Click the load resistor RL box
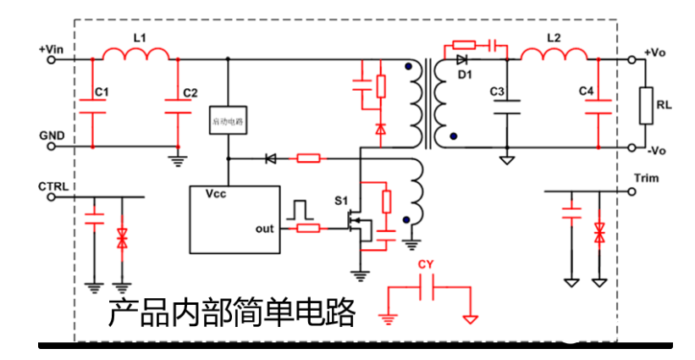coord(648,105)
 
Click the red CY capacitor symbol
coord(427,291)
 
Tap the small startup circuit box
coord(226,121)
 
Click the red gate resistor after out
coord(309,227)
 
